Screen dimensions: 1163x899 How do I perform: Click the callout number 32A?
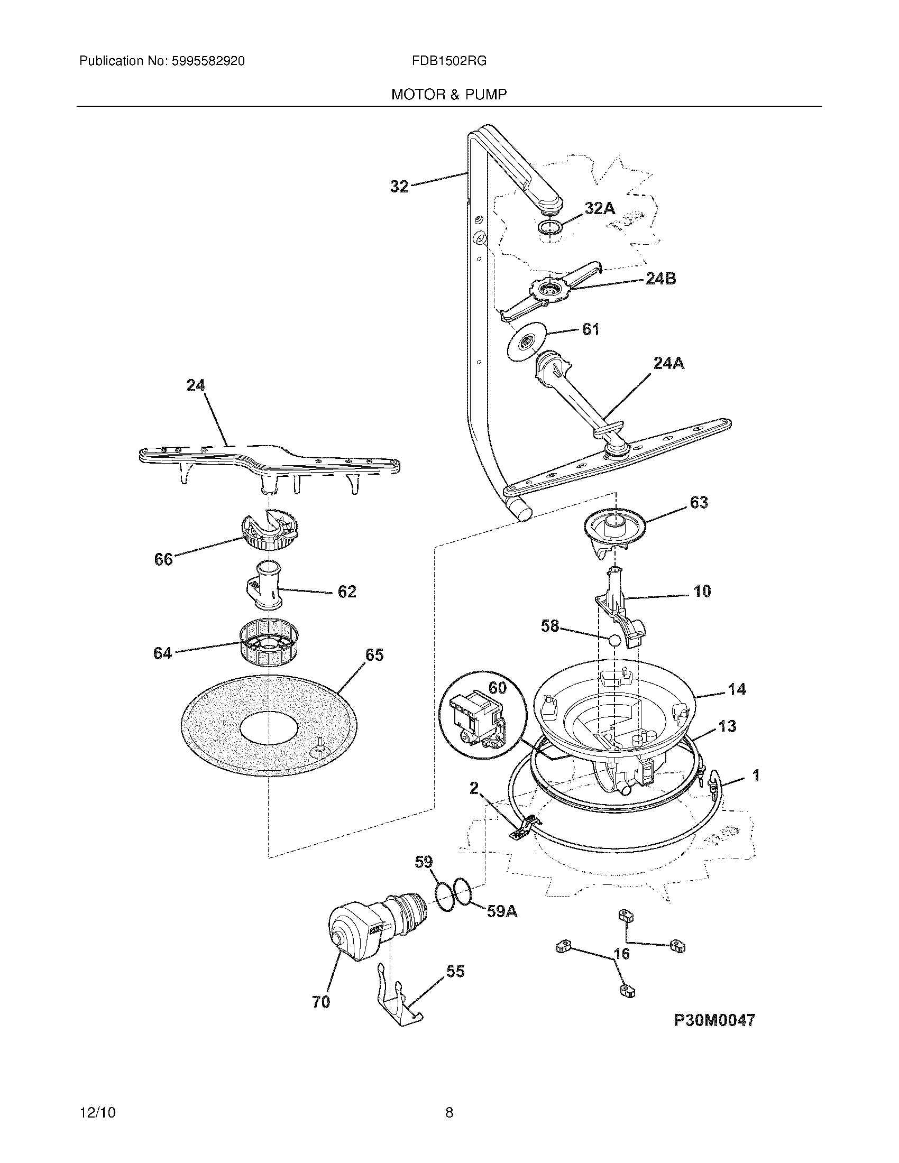(x=600, y=208)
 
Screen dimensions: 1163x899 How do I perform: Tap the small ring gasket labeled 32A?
(x=549, y=228)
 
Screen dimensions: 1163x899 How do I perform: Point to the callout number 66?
(x=163, y=559)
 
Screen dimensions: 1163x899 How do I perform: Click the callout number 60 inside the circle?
(x=497, y=687)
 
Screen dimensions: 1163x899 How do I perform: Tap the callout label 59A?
(x=502, y=912)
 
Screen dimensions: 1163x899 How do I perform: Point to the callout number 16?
(x=621, y=953)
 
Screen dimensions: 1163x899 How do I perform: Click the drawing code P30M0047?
(x=714, y=1020)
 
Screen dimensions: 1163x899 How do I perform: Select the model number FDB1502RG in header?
(x=448, y=61)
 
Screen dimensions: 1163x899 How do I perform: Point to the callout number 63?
(x=699, y=502)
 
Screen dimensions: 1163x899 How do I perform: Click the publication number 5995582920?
(x=208, y=61)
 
